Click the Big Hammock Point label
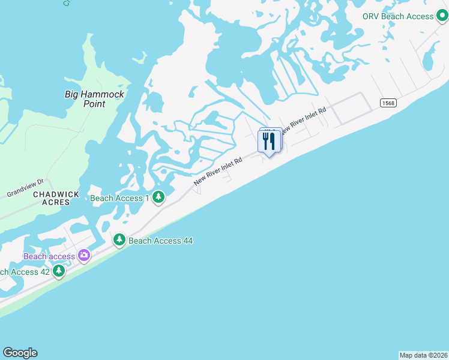(94, 99)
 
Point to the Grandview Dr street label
(25, 190)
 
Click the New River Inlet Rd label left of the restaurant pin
(218, 171)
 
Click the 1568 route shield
(388, 103)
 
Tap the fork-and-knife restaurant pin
(269, 142)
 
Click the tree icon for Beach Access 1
(158, 197)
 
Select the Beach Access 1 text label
(117, 198)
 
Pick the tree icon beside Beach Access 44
(119, 241)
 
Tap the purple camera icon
(83, 256)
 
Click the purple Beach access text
(49, 256)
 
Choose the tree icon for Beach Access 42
(58, 271)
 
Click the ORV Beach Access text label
(398, 16)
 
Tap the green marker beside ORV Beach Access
(443, 16)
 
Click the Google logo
(20, 353)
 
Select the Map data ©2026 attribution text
(423, 355)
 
